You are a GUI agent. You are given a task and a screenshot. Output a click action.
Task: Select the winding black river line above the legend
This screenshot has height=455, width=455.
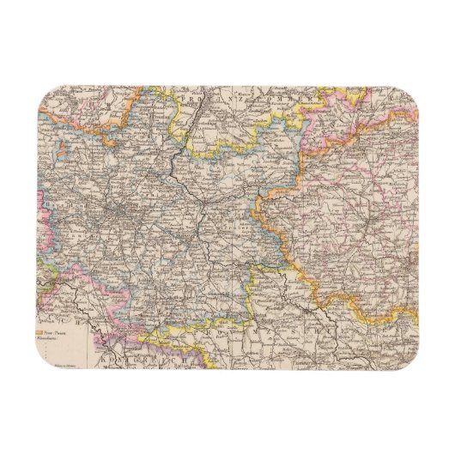(x=82, y=300)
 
